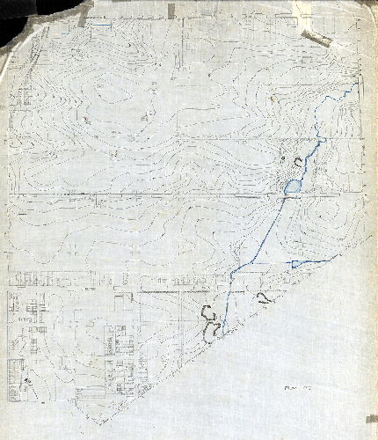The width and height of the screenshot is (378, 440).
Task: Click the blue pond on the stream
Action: tap(293, 187)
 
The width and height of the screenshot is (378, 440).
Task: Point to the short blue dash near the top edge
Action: tap(102, 26)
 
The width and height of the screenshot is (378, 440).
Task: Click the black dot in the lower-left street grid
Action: tap(26, 379)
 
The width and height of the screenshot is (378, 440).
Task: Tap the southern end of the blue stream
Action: tap(223, 334)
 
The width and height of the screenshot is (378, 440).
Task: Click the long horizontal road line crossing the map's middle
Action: tap(132, 194)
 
